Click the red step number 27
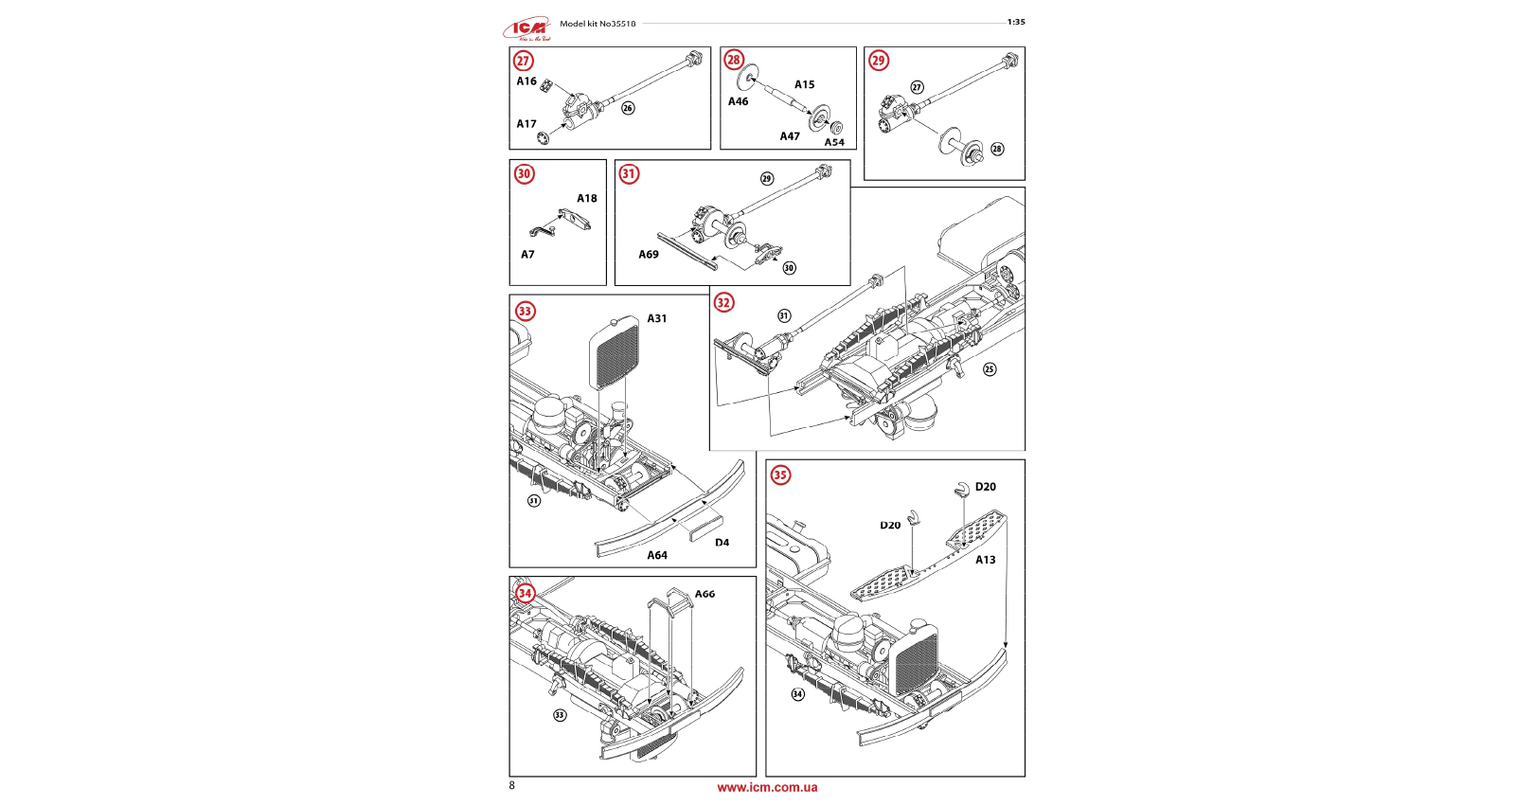point(524,62)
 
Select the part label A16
point(526,81)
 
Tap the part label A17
point(526,124)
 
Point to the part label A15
point(804,84)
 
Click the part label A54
point(833,142)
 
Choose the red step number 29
point(879,61)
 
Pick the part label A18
point(587,199)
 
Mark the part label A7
point(527,255)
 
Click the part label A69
point(649,255)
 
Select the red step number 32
point(723,303)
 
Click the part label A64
point(657,556)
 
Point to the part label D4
point(722,543)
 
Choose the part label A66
point(705,595)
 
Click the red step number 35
point(780,475)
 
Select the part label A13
point(986,560)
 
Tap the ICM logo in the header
point(527,29)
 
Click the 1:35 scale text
point(1016,22)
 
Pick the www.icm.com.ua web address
point(767,787)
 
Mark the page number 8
point(512,785)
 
